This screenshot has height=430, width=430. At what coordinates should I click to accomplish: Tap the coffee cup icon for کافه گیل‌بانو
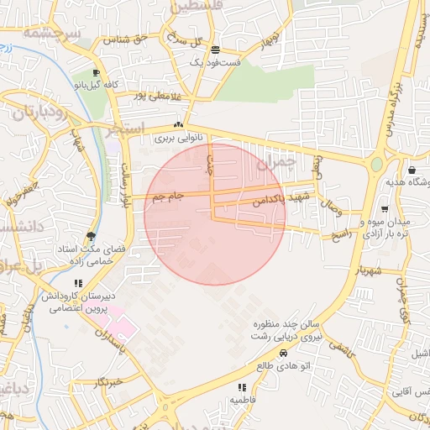click(x=97, y=73)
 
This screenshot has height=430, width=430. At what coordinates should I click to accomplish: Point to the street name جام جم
click(x=169, y=197)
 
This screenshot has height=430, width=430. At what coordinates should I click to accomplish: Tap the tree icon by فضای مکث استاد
click(x=91, y=236)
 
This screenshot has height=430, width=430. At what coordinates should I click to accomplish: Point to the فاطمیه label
click(x=243, y=401)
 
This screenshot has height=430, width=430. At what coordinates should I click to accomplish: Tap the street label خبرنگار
click(x=110, y=382)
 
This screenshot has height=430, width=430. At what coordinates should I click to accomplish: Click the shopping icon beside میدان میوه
click(x=384, y=209)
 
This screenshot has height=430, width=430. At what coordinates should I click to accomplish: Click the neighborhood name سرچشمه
click(x=50, y=33)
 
